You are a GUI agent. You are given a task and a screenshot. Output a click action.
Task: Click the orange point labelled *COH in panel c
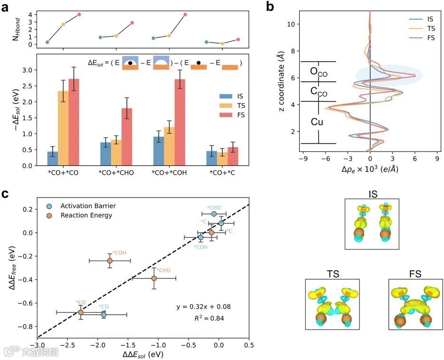click(x=110, y=261)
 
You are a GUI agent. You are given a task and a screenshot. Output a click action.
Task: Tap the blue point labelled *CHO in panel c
click(x=214, y=214)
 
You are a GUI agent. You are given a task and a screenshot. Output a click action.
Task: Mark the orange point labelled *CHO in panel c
click(x=154, y=278)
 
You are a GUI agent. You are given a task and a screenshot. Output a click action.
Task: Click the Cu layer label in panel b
click(x=317, y=122)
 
